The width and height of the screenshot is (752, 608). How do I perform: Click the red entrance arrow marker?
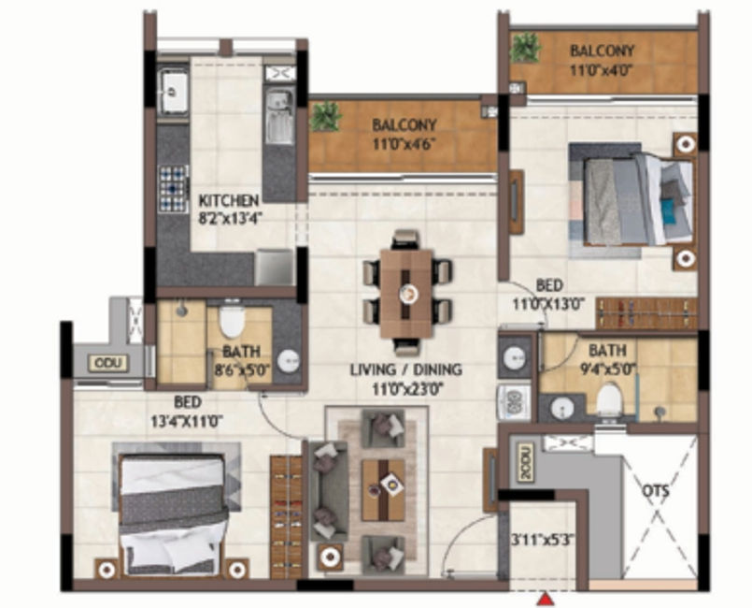coord(545,600)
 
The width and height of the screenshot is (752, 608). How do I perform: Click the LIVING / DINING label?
coord(405,369)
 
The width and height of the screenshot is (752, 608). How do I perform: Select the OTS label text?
coord(656,491)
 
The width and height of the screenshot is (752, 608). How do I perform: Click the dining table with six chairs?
coord(406,293)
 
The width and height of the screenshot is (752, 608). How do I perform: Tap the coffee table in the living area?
coord(383,490)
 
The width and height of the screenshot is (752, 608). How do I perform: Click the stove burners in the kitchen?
coord(173,189)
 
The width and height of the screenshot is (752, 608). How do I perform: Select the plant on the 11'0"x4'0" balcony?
coord(526,47)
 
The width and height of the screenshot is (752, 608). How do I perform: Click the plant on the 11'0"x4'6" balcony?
coord(325,116)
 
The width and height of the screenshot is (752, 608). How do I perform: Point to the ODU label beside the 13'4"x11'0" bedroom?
coord(108,364)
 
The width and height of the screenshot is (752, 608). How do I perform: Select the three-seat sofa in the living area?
coord(328,491)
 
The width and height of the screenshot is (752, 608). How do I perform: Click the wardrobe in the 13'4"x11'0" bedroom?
coord(286,516)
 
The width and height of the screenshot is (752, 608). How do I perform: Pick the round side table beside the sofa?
coord(330,557)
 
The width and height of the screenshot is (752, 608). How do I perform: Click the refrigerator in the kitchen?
coord(274,268)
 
